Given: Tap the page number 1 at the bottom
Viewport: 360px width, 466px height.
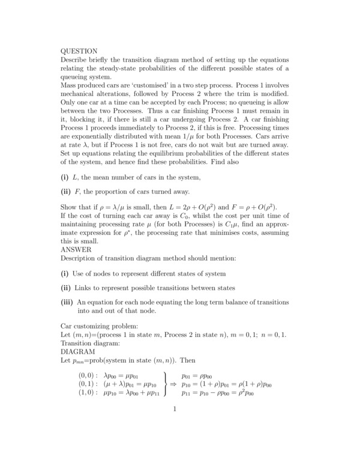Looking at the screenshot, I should click(x=174, y=410).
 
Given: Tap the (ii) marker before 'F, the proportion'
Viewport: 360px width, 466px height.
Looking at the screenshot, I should click(x=66, y=192).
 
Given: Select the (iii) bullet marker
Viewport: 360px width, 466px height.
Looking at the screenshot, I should click(x=68, y=302).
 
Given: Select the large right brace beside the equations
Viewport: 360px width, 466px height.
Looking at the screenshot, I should click(x=164, y=383).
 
